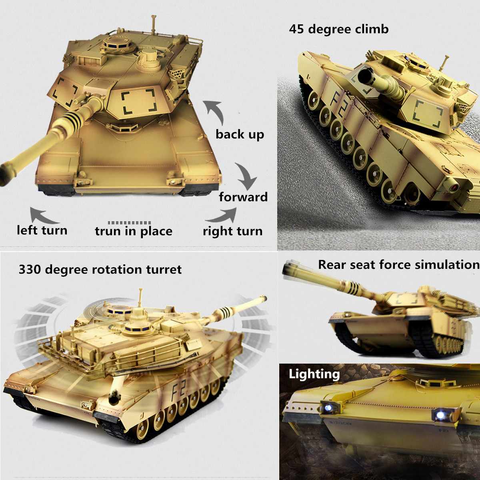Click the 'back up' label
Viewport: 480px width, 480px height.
[x=240, y=135]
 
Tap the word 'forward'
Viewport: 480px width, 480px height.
[x=243, y=197]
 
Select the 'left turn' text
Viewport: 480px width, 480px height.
[x=42, y=230]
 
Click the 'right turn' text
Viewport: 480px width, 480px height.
[x=233, y=232]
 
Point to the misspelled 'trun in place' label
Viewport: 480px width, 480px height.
[x=134, y=232]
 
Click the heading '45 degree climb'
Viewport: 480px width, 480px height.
[x=338, y=29]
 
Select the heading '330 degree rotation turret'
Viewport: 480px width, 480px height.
[x=100, y=270]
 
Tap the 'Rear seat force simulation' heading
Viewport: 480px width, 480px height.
[x=399, y=264]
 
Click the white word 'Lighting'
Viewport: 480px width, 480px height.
[x=314, y=374]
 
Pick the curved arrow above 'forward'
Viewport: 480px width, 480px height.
[x=247, y=176]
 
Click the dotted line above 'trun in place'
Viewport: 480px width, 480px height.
[x=129, y=223]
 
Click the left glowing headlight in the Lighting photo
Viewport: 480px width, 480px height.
[x=328, y=408]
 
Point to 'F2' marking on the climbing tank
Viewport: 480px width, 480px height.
[x=340, y=102]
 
